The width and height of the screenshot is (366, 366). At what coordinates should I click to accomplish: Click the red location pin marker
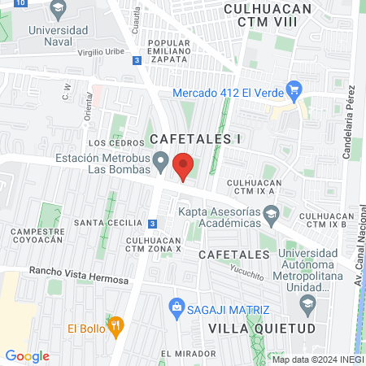184,167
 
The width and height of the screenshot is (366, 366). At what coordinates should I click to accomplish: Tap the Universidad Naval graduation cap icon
57,11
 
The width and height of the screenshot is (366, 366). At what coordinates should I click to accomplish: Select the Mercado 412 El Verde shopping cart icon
295,92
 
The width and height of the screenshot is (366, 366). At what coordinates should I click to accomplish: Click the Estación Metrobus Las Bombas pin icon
162,163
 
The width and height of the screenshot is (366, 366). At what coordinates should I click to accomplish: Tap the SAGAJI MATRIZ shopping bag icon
175,307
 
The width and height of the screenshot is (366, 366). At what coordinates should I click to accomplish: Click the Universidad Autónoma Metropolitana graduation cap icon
307,306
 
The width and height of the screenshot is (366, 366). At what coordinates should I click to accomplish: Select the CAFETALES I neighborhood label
195,139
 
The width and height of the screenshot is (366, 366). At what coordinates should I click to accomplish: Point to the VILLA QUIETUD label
250,328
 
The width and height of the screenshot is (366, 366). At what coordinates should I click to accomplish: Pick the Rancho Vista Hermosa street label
78,275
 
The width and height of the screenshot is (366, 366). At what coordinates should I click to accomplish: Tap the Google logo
27,355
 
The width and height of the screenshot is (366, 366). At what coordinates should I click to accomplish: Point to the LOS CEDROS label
110,143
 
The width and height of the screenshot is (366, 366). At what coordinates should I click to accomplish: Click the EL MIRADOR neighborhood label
188,354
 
